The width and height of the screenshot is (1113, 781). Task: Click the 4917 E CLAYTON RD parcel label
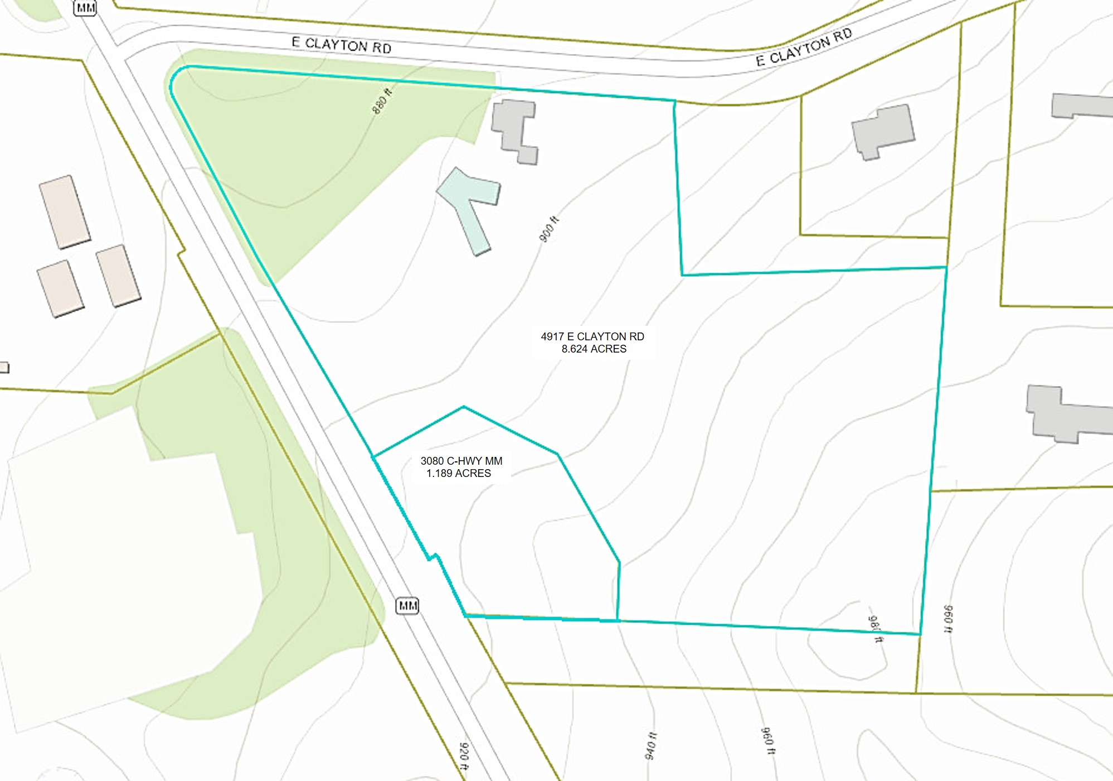point(592,336)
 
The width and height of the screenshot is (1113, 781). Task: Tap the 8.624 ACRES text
point(594,349)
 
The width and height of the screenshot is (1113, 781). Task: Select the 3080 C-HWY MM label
point(461,461)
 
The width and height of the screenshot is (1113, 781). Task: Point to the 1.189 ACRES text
point(458,474)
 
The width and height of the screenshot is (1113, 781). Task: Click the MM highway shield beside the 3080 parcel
point(407,605)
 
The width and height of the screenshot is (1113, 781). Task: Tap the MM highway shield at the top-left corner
point(85,7)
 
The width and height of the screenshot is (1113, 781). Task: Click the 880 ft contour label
point(382,102)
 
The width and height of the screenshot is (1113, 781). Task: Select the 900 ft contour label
point(548,229)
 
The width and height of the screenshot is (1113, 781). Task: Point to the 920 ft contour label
point(464,756)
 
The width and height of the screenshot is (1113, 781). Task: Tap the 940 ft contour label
point(650,746)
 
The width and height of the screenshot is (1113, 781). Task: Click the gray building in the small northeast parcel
point(883,132)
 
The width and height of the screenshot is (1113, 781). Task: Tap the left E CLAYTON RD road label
point(341,45)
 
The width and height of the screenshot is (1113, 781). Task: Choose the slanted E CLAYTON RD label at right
point(804,47)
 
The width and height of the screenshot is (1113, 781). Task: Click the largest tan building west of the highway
point(65,212)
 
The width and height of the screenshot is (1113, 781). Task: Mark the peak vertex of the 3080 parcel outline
point(464,407)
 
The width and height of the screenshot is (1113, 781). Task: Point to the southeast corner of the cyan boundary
point(920,634)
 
